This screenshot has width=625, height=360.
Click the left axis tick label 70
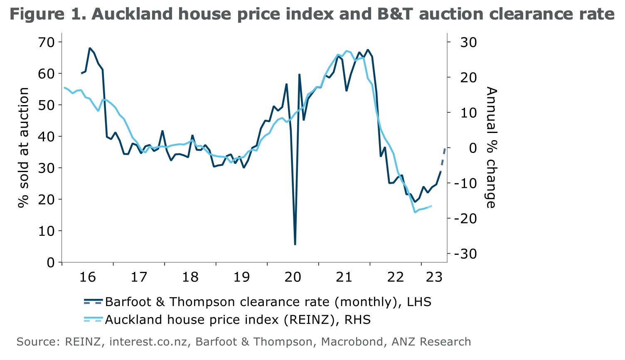tap(46, 42)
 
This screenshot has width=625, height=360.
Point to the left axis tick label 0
tap(51, 262)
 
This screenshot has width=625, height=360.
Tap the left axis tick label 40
tap(46, 136)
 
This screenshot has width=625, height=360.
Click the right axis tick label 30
tap(468, 42)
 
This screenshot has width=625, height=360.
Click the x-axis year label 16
tap(87, 277)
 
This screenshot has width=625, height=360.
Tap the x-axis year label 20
tap(293, 277)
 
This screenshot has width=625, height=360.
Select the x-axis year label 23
tap(434, 277)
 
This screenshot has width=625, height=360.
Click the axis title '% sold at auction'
tap(24, 148)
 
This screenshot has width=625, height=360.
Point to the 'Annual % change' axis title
tap(491, 148)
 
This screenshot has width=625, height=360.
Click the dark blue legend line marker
tap(93, 301)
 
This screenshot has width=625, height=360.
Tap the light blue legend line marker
tap(93, 320)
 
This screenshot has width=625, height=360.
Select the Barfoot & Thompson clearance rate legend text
tap(268, 301)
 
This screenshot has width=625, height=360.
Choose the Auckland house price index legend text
tap(238, 320)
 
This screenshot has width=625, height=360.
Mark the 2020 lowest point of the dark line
tap(295, 244)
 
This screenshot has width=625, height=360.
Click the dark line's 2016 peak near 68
tap(90, 48)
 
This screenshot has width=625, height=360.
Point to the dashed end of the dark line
tap(443, 158)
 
